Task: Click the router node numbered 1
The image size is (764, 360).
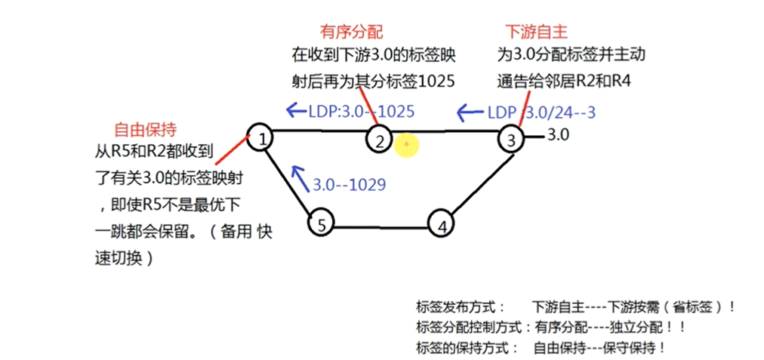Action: point(260,137)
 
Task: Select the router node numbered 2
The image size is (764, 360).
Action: point(380,139)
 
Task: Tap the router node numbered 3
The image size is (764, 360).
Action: point(511,139)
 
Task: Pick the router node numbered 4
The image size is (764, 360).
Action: point(442,225)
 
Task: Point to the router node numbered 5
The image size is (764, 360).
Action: point(322,224)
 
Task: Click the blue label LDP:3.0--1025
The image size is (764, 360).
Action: point(362,111)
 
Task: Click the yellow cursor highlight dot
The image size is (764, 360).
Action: point(406,143)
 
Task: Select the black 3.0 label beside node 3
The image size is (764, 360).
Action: point(558,136)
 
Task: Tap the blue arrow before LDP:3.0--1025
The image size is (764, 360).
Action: point(295,111)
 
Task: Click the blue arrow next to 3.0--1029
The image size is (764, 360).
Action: point(300,174)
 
